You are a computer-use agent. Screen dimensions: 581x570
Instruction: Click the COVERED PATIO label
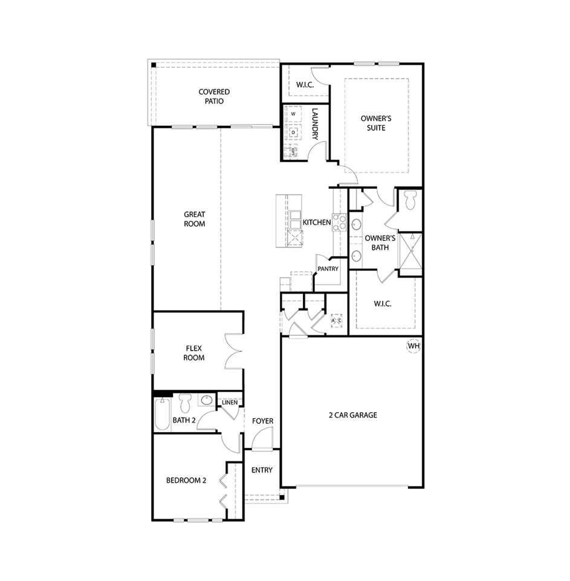point(214,97)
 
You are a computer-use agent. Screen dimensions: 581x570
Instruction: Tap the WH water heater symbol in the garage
point(413,346)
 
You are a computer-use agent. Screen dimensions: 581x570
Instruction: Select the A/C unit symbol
point(336,320)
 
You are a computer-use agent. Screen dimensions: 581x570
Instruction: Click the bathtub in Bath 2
point(162,415)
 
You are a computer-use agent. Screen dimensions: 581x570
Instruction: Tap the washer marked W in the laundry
point(293,114)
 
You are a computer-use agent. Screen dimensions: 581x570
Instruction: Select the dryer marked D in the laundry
point(293,132)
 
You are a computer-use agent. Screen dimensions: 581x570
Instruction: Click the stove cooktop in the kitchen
point(339,223)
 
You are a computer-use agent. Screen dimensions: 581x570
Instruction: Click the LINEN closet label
point(230,402)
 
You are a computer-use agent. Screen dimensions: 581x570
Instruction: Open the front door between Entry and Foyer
point(262,440)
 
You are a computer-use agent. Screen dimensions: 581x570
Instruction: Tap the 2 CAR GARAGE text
point(352,415)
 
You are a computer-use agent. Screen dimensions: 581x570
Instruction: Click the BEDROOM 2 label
point(186,481)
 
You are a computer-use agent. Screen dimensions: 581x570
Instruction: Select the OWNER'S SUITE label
point(372,123)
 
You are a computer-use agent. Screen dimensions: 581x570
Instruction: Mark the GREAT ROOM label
point(195,219)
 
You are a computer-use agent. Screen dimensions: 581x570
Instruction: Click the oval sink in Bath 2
point(207,400)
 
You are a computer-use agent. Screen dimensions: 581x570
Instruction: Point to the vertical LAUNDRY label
point(315,125)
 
